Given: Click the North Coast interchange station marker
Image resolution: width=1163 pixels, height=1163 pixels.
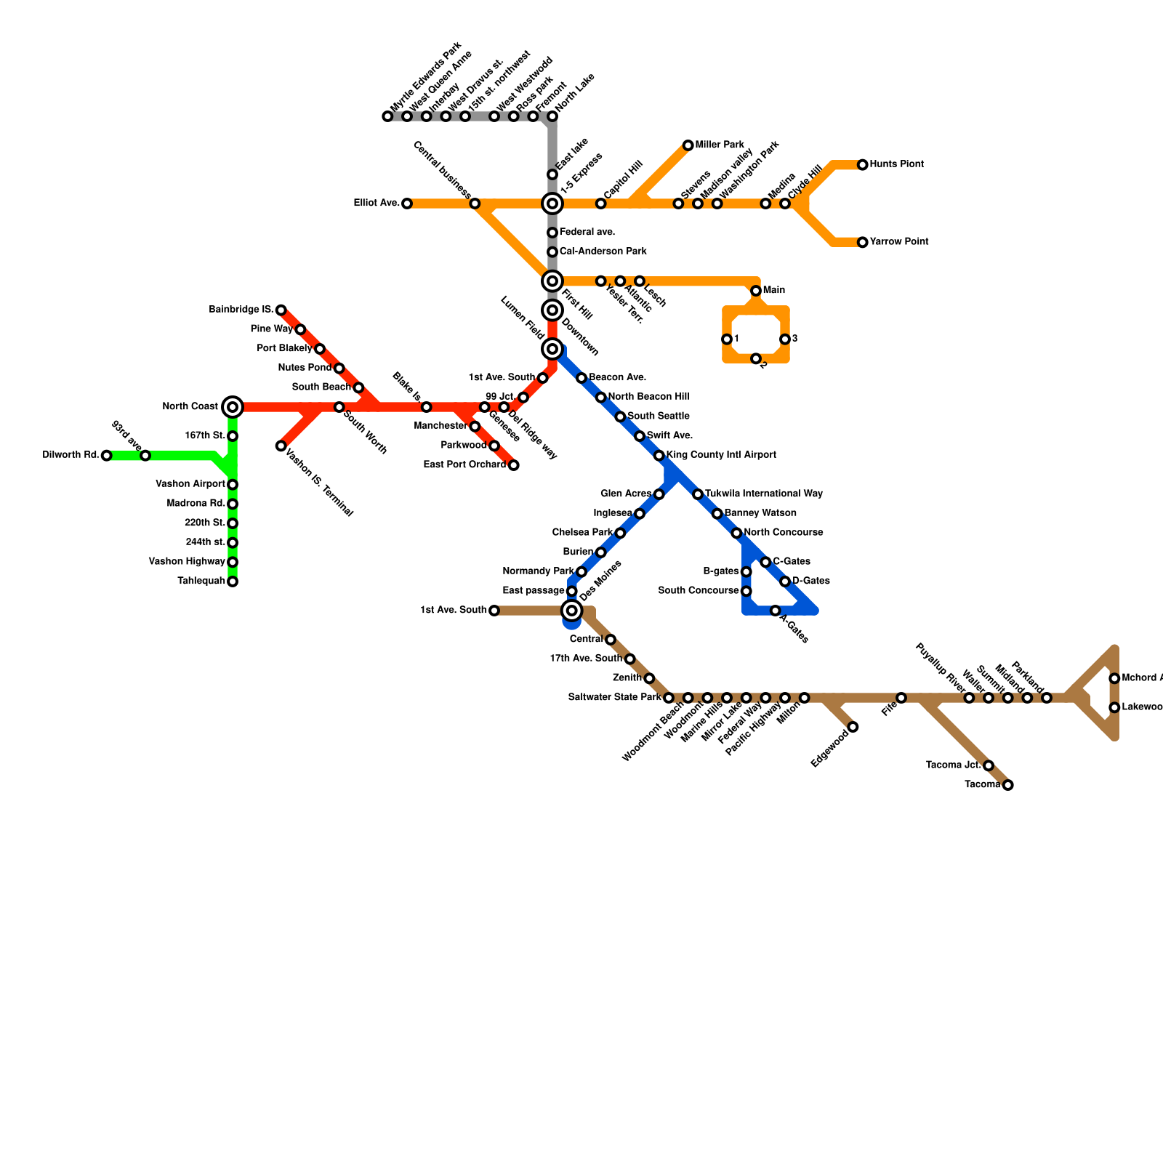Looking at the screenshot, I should (x=233, y=407).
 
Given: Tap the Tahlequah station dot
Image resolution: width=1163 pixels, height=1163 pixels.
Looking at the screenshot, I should (x=233, y=581).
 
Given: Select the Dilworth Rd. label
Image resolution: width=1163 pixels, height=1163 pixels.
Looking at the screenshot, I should (x=71, y=456).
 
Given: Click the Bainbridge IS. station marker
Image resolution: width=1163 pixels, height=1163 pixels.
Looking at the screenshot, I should (x=281, y=310).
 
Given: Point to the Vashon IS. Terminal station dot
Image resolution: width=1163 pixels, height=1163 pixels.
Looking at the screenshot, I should (x=281, y=446).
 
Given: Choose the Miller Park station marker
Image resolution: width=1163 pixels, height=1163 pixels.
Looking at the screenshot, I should (x=688, y=145).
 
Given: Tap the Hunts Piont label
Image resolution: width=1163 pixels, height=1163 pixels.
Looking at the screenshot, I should (x=897, y=165).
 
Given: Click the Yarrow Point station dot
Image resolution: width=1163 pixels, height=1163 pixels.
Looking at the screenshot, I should (x=862, y=242).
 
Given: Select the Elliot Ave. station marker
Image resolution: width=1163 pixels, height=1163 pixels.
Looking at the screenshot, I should (x=407, y=204).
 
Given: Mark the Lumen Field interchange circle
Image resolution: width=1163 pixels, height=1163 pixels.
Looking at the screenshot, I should (x=552, y=349).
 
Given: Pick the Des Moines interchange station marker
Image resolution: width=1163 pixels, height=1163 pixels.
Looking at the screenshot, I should (x=572, y=611).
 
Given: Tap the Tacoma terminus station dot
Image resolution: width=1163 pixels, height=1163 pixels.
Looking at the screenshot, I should (x=1007, y=785).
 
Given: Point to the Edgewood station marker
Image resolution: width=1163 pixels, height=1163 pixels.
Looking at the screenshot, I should (x=853, y=727).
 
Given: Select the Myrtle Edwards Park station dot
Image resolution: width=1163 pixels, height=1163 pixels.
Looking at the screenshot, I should (x=387, y=116).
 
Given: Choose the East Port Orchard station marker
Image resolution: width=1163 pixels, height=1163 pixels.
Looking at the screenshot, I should (x=513, y=465).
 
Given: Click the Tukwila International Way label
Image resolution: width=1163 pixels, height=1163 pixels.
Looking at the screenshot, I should (x=764, y=494).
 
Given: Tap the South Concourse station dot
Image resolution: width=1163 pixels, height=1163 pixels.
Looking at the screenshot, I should (x=746, y=591).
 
